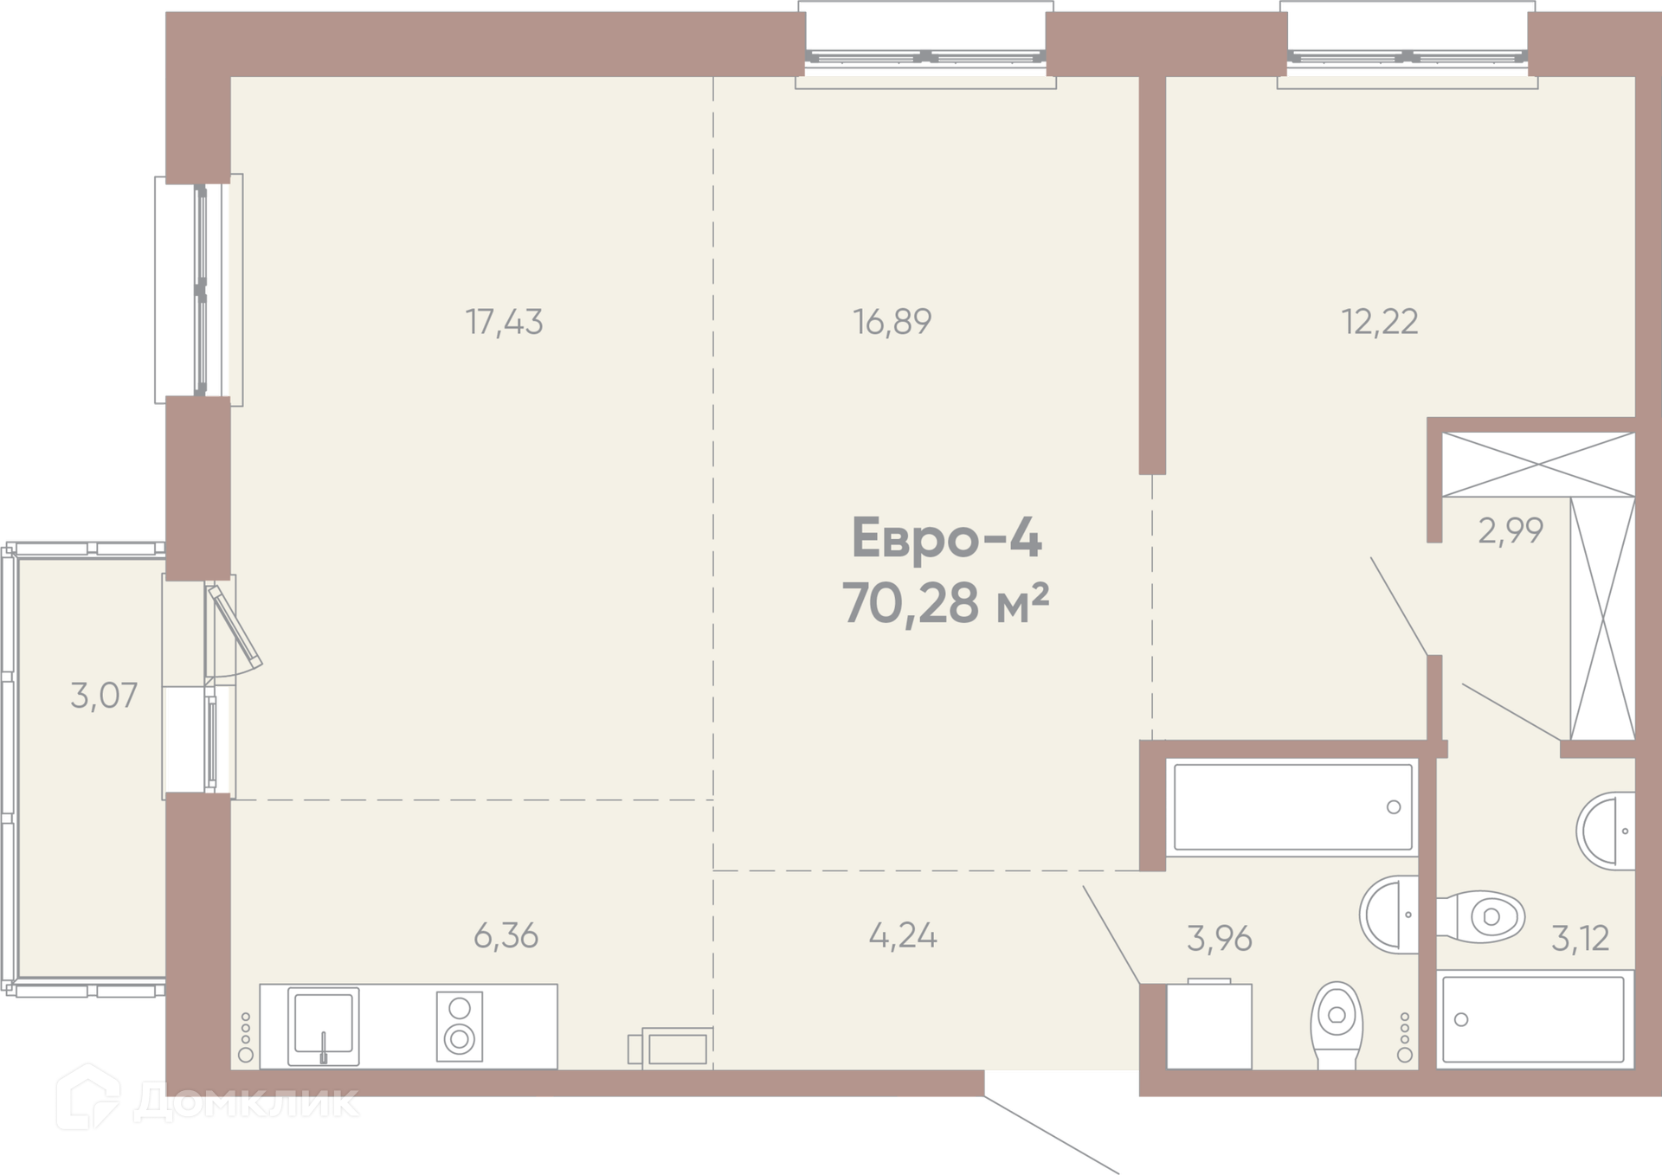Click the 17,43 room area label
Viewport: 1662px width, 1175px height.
coord(505,323)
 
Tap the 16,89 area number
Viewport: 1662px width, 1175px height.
coord(892,322)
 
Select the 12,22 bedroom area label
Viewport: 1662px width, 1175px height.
coord(1380,322)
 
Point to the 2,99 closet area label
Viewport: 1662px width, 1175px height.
coord(1511,530)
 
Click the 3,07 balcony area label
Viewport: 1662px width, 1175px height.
coord(104,696)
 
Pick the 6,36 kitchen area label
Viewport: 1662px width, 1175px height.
coord(506,935)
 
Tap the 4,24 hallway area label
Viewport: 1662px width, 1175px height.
coord(903,936)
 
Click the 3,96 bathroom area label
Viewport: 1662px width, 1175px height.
coord(1220,938)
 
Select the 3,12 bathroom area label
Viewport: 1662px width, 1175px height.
coord(1581,938)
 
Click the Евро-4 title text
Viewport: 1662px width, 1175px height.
coord(947,538)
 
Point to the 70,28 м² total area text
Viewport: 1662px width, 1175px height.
coord(946,602)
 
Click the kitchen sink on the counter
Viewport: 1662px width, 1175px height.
coord(323,1026)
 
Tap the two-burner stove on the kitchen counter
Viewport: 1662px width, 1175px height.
coord(460,1025)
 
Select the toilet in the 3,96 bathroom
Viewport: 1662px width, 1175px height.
coord(1337,1025)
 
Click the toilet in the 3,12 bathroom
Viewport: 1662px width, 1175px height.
coord(1480,916)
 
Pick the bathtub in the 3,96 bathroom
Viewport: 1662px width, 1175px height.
coord(1292,807)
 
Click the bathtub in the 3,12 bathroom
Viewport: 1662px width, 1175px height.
coord(1536,1019)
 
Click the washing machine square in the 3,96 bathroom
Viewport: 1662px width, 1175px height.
coord(1209,1024)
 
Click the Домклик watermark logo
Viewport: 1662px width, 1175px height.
coord(208,1100)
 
